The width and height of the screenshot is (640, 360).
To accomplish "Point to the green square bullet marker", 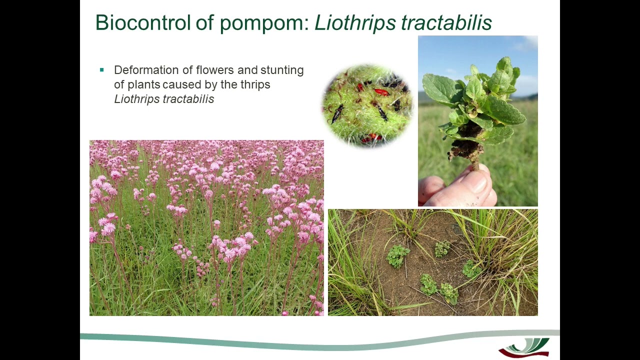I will click(102, 70).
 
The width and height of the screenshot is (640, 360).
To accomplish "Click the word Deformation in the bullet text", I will click(146, 70).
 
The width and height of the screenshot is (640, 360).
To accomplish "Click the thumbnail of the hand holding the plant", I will click(477, 121).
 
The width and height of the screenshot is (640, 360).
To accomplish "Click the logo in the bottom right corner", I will click(523, 347).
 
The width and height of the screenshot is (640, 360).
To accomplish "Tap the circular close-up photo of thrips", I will click(367, 105).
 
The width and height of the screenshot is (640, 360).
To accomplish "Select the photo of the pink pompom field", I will click(206, 228).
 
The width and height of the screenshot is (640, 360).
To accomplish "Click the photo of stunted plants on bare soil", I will click(432, 262).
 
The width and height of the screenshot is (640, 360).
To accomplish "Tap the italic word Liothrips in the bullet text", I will click(134, 99).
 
